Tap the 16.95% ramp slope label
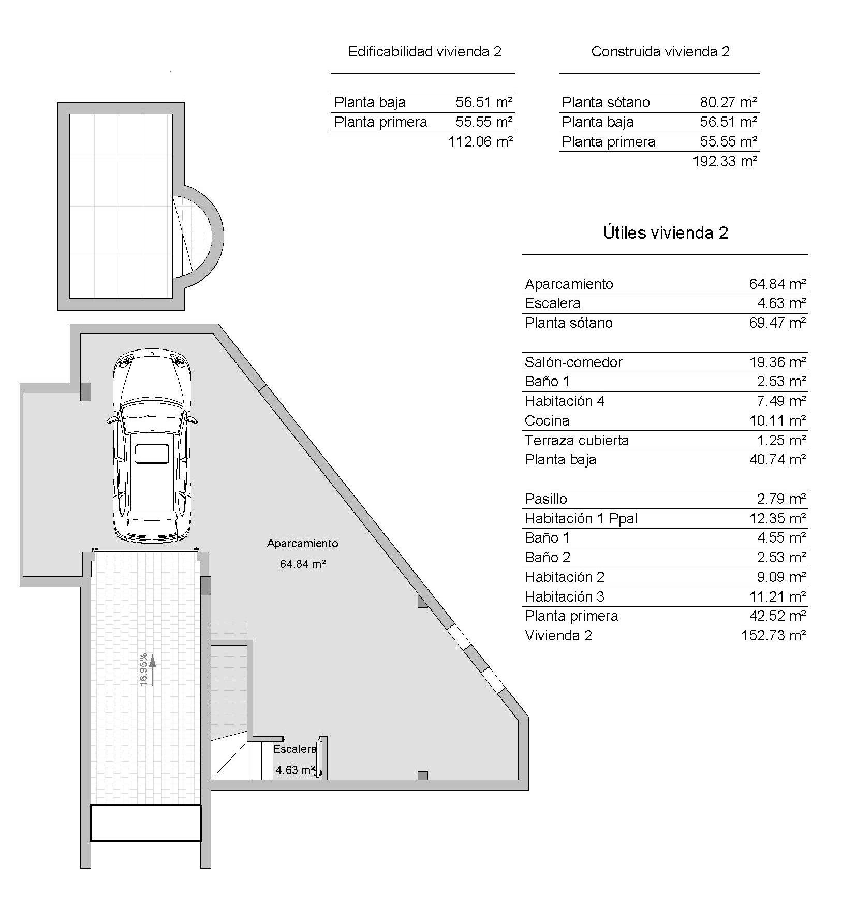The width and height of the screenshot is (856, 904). coord(144,669)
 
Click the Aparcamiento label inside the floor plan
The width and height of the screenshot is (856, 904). coord(302,543)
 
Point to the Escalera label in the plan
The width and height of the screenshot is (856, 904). coord(294,749)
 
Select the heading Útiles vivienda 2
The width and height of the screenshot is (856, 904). coord(665,233)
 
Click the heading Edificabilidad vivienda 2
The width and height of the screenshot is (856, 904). coord(424,52)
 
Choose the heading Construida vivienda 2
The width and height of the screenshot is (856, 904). coord(660,52)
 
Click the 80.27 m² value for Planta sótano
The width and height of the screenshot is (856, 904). coord(728,103)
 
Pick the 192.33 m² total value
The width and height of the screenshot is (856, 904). coord(725,162)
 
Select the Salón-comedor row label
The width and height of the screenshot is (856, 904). coord(573,362)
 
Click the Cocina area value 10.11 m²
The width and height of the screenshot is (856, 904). coord(777,421)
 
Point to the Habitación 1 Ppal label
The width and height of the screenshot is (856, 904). coord(580,518)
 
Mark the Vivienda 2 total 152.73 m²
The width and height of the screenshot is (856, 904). coord(773,635)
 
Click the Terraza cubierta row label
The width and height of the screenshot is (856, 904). coord(577,441)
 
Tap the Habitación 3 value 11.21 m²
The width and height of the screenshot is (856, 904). coord(777,596)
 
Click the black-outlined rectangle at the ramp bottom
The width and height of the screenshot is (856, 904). coord(145,823)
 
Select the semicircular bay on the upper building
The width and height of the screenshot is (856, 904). coord(199,236)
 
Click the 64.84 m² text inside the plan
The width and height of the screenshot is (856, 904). coord(302,564)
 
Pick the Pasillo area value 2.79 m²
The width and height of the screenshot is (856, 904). coord(781,499)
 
